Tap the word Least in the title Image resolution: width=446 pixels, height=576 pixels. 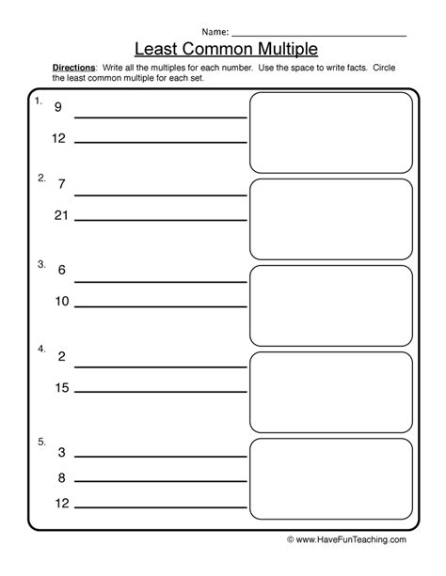pos(161,46)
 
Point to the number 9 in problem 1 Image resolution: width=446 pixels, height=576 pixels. pos(57,108)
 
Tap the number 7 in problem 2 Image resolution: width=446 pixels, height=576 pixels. pos(61,185)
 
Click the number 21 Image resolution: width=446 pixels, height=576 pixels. pos(62,215)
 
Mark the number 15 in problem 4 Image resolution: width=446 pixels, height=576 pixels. pos(62,387)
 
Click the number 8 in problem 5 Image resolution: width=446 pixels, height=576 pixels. pos(60,478)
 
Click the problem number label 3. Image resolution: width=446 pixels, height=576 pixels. pos(40,265)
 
